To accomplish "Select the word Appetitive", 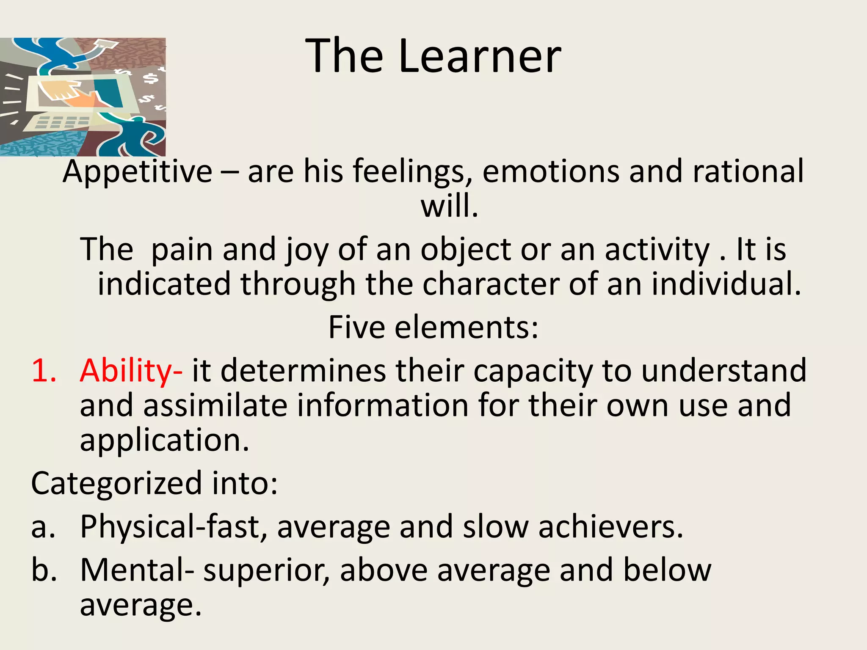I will (137, 171).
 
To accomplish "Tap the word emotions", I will (551, 171).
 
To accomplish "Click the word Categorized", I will (116, 483).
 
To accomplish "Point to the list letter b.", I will (44, 570).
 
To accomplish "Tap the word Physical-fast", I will (174, 527).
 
